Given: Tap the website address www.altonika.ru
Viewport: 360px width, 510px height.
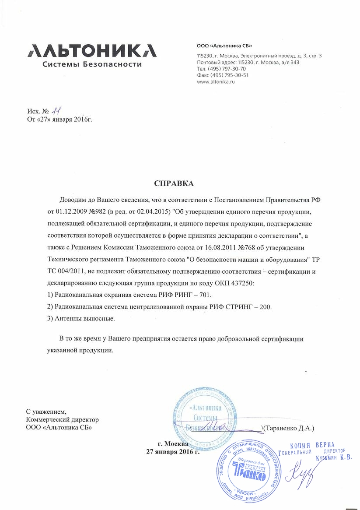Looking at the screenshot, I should tap(216, 82).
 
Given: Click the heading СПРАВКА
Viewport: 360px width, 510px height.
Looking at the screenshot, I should tap(174, 183).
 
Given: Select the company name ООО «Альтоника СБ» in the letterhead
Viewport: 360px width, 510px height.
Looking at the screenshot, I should tap(225, 46).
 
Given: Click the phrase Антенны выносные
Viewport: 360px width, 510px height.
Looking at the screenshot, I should tap(85, 318).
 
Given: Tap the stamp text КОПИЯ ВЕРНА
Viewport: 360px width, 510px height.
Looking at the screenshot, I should tap(312, 445).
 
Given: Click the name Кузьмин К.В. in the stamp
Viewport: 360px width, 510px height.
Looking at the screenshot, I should tap(334, 458).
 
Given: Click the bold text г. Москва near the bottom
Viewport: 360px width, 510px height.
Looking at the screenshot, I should tap(173, 443).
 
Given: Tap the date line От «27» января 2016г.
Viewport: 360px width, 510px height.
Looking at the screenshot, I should tap(60, 120).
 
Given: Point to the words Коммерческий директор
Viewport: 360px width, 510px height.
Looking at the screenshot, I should tap(62, 419).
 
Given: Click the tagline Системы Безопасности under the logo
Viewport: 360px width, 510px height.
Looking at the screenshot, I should tap(92, 64).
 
